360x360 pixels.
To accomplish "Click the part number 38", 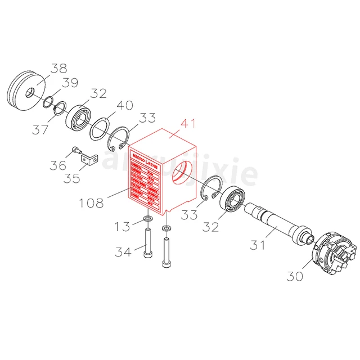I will (x=58, y=69).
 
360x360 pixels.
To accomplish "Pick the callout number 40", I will (x=125, y=106).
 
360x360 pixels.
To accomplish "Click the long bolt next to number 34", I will (x=148, y=242).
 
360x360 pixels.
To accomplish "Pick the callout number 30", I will (x=295, y=276).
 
